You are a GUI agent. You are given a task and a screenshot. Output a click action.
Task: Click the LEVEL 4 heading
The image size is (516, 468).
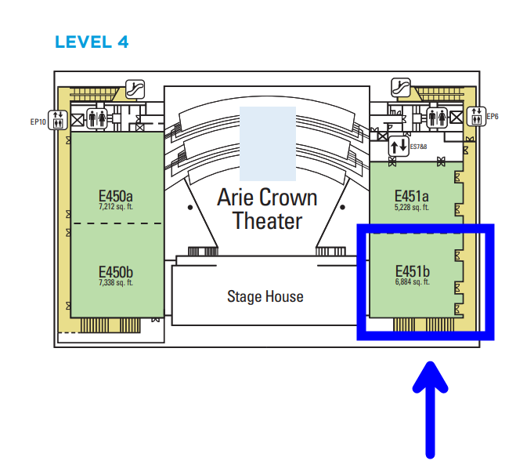(x=92, y=42)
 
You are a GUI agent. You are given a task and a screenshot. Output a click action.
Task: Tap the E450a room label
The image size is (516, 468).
(x=116, y=196)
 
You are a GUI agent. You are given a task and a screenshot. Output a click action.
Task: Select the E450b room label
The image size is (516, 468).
(x=116, y=272)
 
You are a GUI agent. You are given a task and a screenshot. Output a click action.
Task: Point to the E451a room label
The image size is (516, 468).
(x=412, y=196)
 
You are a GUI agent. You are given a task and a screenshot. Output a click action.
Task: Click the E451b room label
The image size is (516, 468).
(x=413, y=271)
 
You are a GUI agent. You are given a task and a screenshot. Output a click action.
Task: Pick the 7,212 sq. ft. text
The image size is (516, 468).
(x=116, y=207)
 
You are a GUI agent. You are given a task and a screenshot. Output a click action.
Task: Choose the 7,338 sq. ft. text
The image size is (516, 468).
(x=116, y=282)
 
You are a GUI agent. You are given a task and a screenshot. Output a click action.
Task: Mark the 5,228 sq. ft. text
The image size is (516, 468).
(x=412, y=207)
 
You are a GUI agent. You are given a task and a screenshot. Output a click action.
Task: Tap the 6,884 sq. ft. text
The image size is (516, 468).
(x=413, y=281)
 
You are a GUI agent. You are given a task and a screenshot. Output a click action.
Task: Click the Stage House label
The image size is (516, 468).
(x=265, y=296)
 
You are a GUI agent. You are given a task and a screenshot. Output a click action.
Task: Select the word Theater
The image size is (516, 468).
(x=267, y=221)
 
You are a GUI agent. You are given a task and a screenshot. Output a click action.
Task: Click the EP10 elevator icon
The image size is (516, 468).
(x=58, y=120)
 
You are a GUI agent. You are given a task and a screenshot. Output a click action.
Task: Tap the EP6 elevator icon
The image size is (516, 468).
(x=476, y=116)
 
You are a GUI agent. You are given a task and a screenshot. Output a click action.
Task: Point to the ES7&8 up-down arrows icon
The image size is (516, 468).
(x=399, y=146)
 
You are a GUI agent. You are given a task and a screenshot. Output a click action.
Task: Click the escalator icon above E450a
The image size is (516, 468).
(x=135, y=89)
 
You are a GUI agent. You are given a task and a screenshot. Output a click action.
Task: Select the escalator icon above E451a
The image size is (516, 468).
(x=401, y=88)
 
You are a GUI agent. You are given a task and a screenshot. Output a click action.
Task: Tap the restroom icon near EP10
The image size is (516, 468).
(x=97, y=118)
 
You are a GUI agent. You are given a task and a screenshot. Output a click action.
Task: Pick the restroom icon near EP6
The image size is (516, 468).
(x=437, y=118)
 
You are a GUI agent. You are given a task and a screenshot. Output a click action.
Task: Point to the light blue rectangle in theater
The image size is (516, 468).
(x=268, y=143)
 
